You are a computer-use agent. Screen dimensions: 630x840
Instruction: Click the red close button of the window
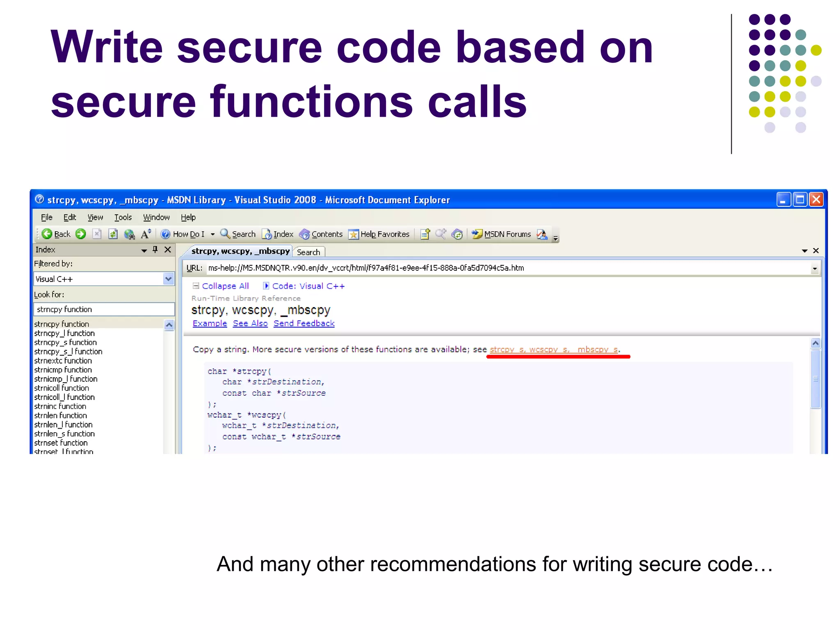[816, 200]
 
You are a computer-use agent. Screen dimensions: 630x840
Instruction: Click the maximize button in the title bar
[800, 200]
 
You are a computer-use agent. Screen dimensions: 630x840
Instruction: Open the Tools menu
[123, 217]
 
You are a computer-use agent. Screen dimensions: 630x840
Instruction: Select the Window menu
[156, 217]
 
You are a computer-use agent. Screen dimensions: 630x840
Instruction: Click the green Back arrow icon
[47, 234]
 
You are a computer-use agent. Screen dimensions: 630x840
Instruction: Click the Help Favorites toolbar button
[379, 234]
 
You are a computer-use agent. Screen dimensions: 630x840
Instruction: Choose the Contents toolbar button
[321, 234]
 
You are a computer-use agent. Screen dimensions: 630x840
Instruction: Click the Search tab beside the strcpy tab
[308, 252]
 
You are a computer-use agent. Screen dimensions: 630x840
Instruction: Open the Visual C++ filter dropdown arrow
[168, 279]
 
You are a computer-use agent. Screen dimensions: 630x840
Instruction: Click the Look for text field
[104, 309]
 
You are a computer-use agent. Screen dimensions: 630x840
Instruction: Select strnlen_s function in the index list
[64, 434]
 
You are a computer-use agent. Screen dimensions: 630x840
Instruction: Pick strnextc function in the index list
[63, 361]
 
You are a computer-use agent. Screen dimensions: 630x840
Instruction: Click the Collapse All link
[225, 286]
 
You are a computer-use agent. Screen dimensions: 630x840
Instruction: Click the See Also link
[250, 323]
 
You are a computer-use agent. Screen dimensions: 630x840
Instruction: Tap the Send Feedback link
[304, 323]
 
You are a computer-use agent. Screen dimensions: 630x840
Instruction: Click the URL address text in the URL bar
[366, 268]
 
